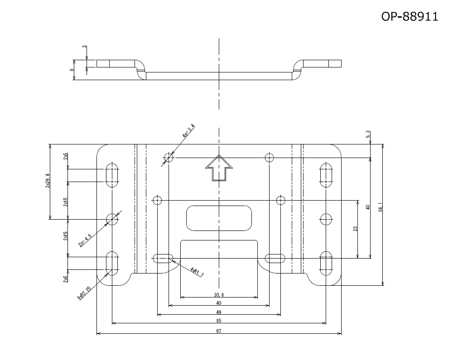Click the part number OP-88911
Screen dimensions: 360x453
click(x=410, y=17)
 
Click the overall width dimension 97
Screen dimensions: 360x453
click(x=219, y=331)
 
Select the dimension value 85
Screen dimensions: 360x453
click(x=219, y=321)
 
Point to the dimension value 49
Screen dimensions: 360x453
click(x=219, y=312)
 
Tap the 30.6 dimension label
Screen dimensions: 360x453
click(x=219, y=295)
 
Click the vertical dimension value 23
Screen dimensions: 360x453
click(x=355, y=229)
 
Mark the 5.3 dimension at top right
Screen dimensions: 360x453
click(x=368, y=134)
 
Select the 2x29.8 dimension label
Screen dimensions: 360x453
click(x=48, y=181)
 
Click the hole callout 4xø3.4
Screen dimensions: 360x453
click(x=188, y=130)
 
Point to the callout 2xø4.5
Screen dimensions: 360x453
click(x=85, y=240)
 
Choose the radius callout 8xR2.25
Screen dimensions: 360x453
click(x=85, y=293)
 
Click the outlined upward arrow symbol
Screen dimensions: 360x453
click(x=219, y=168)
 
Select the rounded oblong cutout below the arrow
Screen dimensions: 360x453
click(x=219, y=217)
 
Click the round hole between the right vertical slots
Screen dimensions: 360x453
click(x=326, y=220)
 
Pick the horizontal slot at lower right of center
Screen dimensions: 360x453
click(x=275, y=259)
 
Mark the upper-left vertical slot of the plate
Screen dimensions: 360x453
click(x=112, y=175)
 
